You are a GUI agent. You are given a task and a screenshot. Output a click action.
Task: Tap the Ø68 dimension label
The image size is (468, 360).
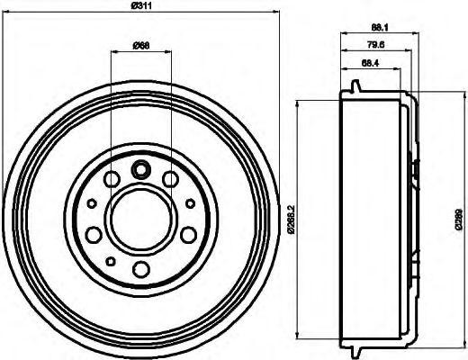tap(140, 46)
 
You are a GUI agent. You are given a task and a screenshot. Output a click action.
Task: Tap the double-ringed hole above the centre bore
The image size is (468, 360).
tap(140, 167)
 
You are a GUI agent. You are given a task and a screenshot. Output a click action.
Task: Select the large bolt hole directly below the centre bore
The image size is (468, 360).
tap(139, 268)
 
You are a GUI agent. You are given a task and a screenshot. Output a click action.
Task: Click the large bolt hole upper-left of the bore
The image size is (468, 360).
tap(110, 181)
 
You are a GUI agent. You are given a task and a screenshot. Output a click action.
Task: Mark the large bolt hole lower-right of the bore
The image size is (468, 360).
tap(187, 236)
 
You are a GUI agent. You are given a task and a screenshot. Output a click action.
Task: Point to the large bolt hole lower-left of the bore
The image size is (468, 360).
tap(93, 236)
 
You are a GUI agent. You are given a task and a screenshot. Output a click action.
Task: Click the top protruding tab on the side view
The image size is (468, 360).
tap(357, 87)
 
